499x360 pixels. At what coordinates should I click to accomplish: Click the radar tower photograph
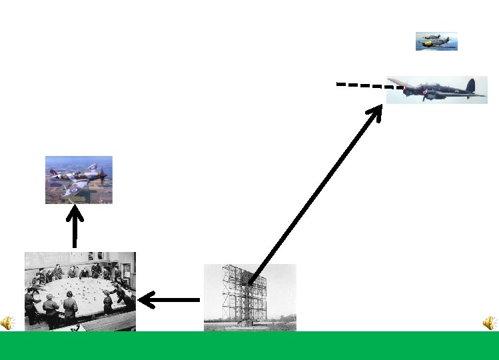pyautogui.click(x=249, y=297)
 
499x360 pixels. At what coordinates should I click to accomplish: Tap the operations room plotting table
pyautogui.click(x=80, y=291)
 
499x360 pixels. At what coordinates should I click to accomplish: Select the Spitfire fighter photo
pyautogui.click(x=79, y=179)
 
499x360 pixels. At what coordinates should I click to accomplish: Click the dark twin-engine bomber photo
pyautogui.click(x=436, y=90)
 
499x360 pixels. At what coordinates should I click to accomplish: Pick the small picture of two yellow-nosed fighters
pyautogui.click(x=436, y=41)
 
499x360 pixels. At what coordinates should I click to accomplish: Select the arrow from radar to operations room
pyautogui.click(x=170, y=301)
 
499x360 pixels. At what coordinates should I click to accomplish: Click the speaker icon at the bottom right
pyautogui.click(x=490, y=323)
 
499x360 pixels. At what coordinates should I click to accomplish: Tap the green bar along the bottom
pyautogui.click(x=249, y=345)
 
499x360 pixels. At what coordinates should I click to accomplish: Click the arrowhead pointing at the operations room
pyautogui.click(x=145, y=301)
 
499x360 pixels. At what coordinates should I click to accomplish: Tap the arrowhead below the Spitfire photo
pyautogui.click(x=75, y=214)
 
